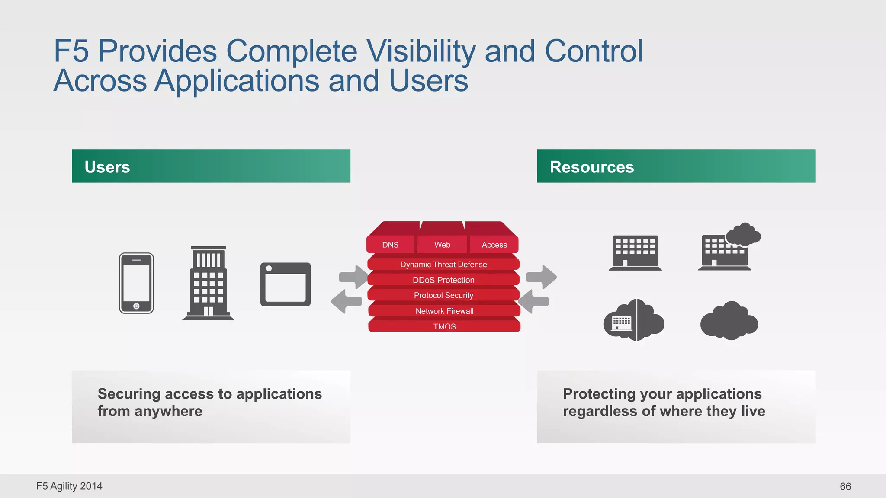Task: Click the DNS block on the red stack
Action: pos(390,245)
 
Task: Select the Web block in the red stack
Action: pos(442,245)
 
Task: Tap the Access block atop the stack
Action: pos(494,245)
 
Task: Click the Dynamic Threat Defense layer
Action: pos(443,264)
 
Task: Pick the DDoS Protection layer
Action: pos(443,280)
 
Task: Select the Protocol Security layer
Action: pos(443,295)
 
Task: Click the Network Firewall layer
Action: pos(444,311)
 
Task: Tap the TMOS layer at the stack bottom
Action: pos(444,326)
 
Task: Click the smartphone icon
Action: pos(136,283)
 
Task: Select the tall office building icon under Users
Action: pos(208,283)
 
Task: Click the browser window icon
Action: pos(286,284)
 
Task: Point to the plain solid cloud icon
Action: pos(729,322)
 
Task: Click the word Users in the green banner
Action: pos(107,167)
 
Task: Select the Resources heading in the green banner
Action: pos(591,167)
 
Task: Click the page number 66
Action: pos(845,486)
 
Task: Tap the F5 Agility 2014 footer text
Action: pos(69,486)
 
